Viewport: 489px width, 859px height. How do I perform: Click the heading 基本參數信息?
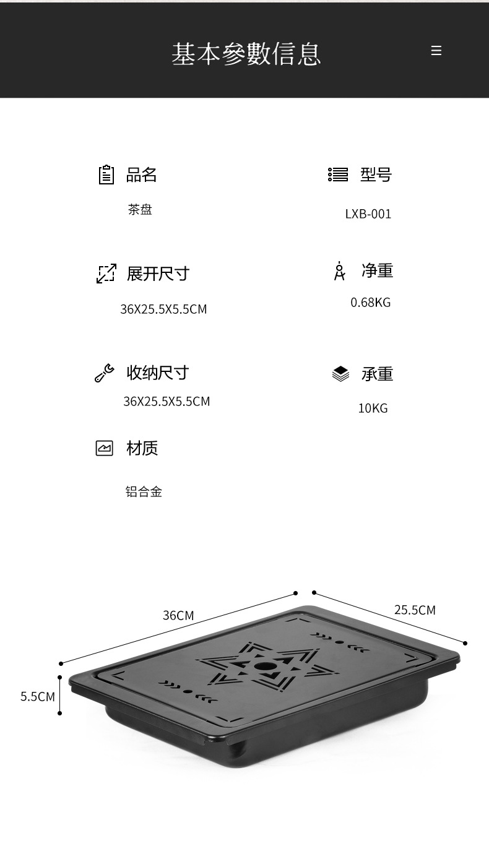(246, 53)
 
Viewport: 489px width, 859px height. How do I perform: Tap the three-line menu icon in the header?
(436, 51)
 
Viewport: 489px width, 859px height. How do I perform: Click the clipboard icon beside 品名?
(106, 175)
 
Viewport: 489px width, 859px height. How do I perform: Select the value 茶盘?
(140, 210)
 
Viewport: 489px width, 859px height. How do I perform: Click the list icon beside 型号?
(338, 175)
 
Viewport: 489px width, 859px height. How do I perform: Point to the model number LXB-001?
(368, 214)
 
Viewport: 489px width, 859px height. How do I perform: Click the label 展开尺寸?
(158, 274)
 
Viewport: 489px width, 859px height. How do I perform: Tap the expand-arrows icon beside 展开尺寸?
(106, 274)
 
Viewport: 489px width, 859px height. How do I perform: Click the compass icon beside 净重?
(339, 271)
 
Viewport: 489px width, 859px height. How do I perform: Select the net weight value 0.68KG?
(370, 303)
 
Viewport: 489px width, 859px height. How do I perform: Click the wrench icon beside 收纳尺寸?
(104, 373)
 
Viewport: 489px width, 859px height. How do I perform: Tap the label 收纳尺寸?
(158, 373)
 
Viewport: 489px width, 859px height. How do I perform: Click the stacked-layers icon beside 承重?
(340, 374)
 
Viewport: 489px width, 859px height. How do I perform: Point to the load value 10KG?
(373, 408)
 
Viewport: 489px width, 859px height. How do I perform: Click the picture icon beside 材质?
(105, 448)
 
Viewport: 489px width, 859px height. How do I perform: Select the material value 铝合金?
(144, 492)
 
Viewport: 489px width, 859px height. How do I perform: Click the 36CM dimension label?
(178, 615)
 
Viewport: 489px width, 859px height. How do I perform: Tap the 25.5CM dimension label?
(415, 610)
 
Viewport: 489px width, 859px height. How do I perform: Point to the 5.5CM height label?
(38, 696)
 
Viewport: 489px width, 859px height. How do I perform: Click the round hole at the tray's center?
(266, 667)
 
